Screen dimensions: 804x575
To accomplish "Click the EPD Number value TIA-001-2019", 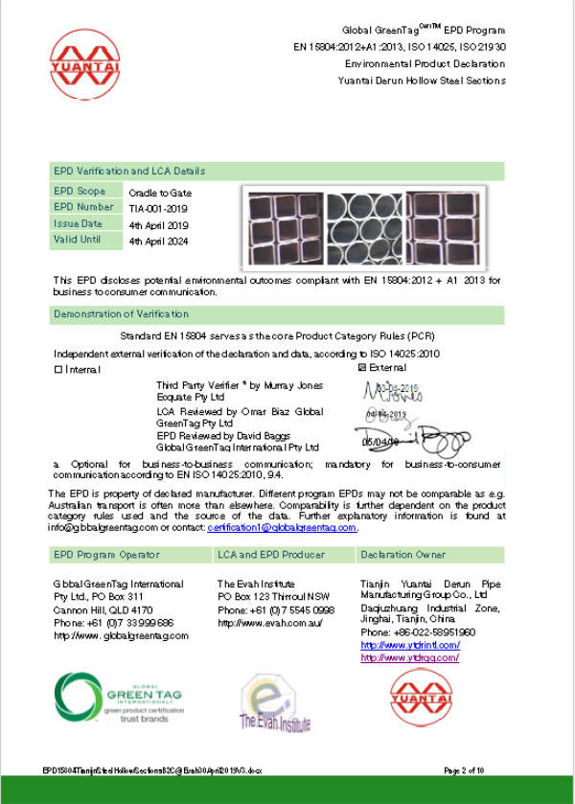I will [159, 207].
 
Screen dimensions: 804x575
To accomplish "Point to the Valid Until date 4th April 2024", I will [159, 241].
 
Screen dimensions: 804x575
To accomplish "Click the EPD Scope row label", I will [80, 192].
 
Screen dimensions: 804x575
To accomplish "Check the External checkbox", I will [361, 367].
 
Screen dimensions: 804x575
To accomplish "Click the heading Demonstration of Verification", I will [122, 314].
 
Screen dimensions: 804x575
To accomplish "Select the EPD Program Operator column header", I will [106, 554].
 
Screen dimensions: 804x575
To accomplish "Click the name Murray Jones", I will [296, 385].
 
